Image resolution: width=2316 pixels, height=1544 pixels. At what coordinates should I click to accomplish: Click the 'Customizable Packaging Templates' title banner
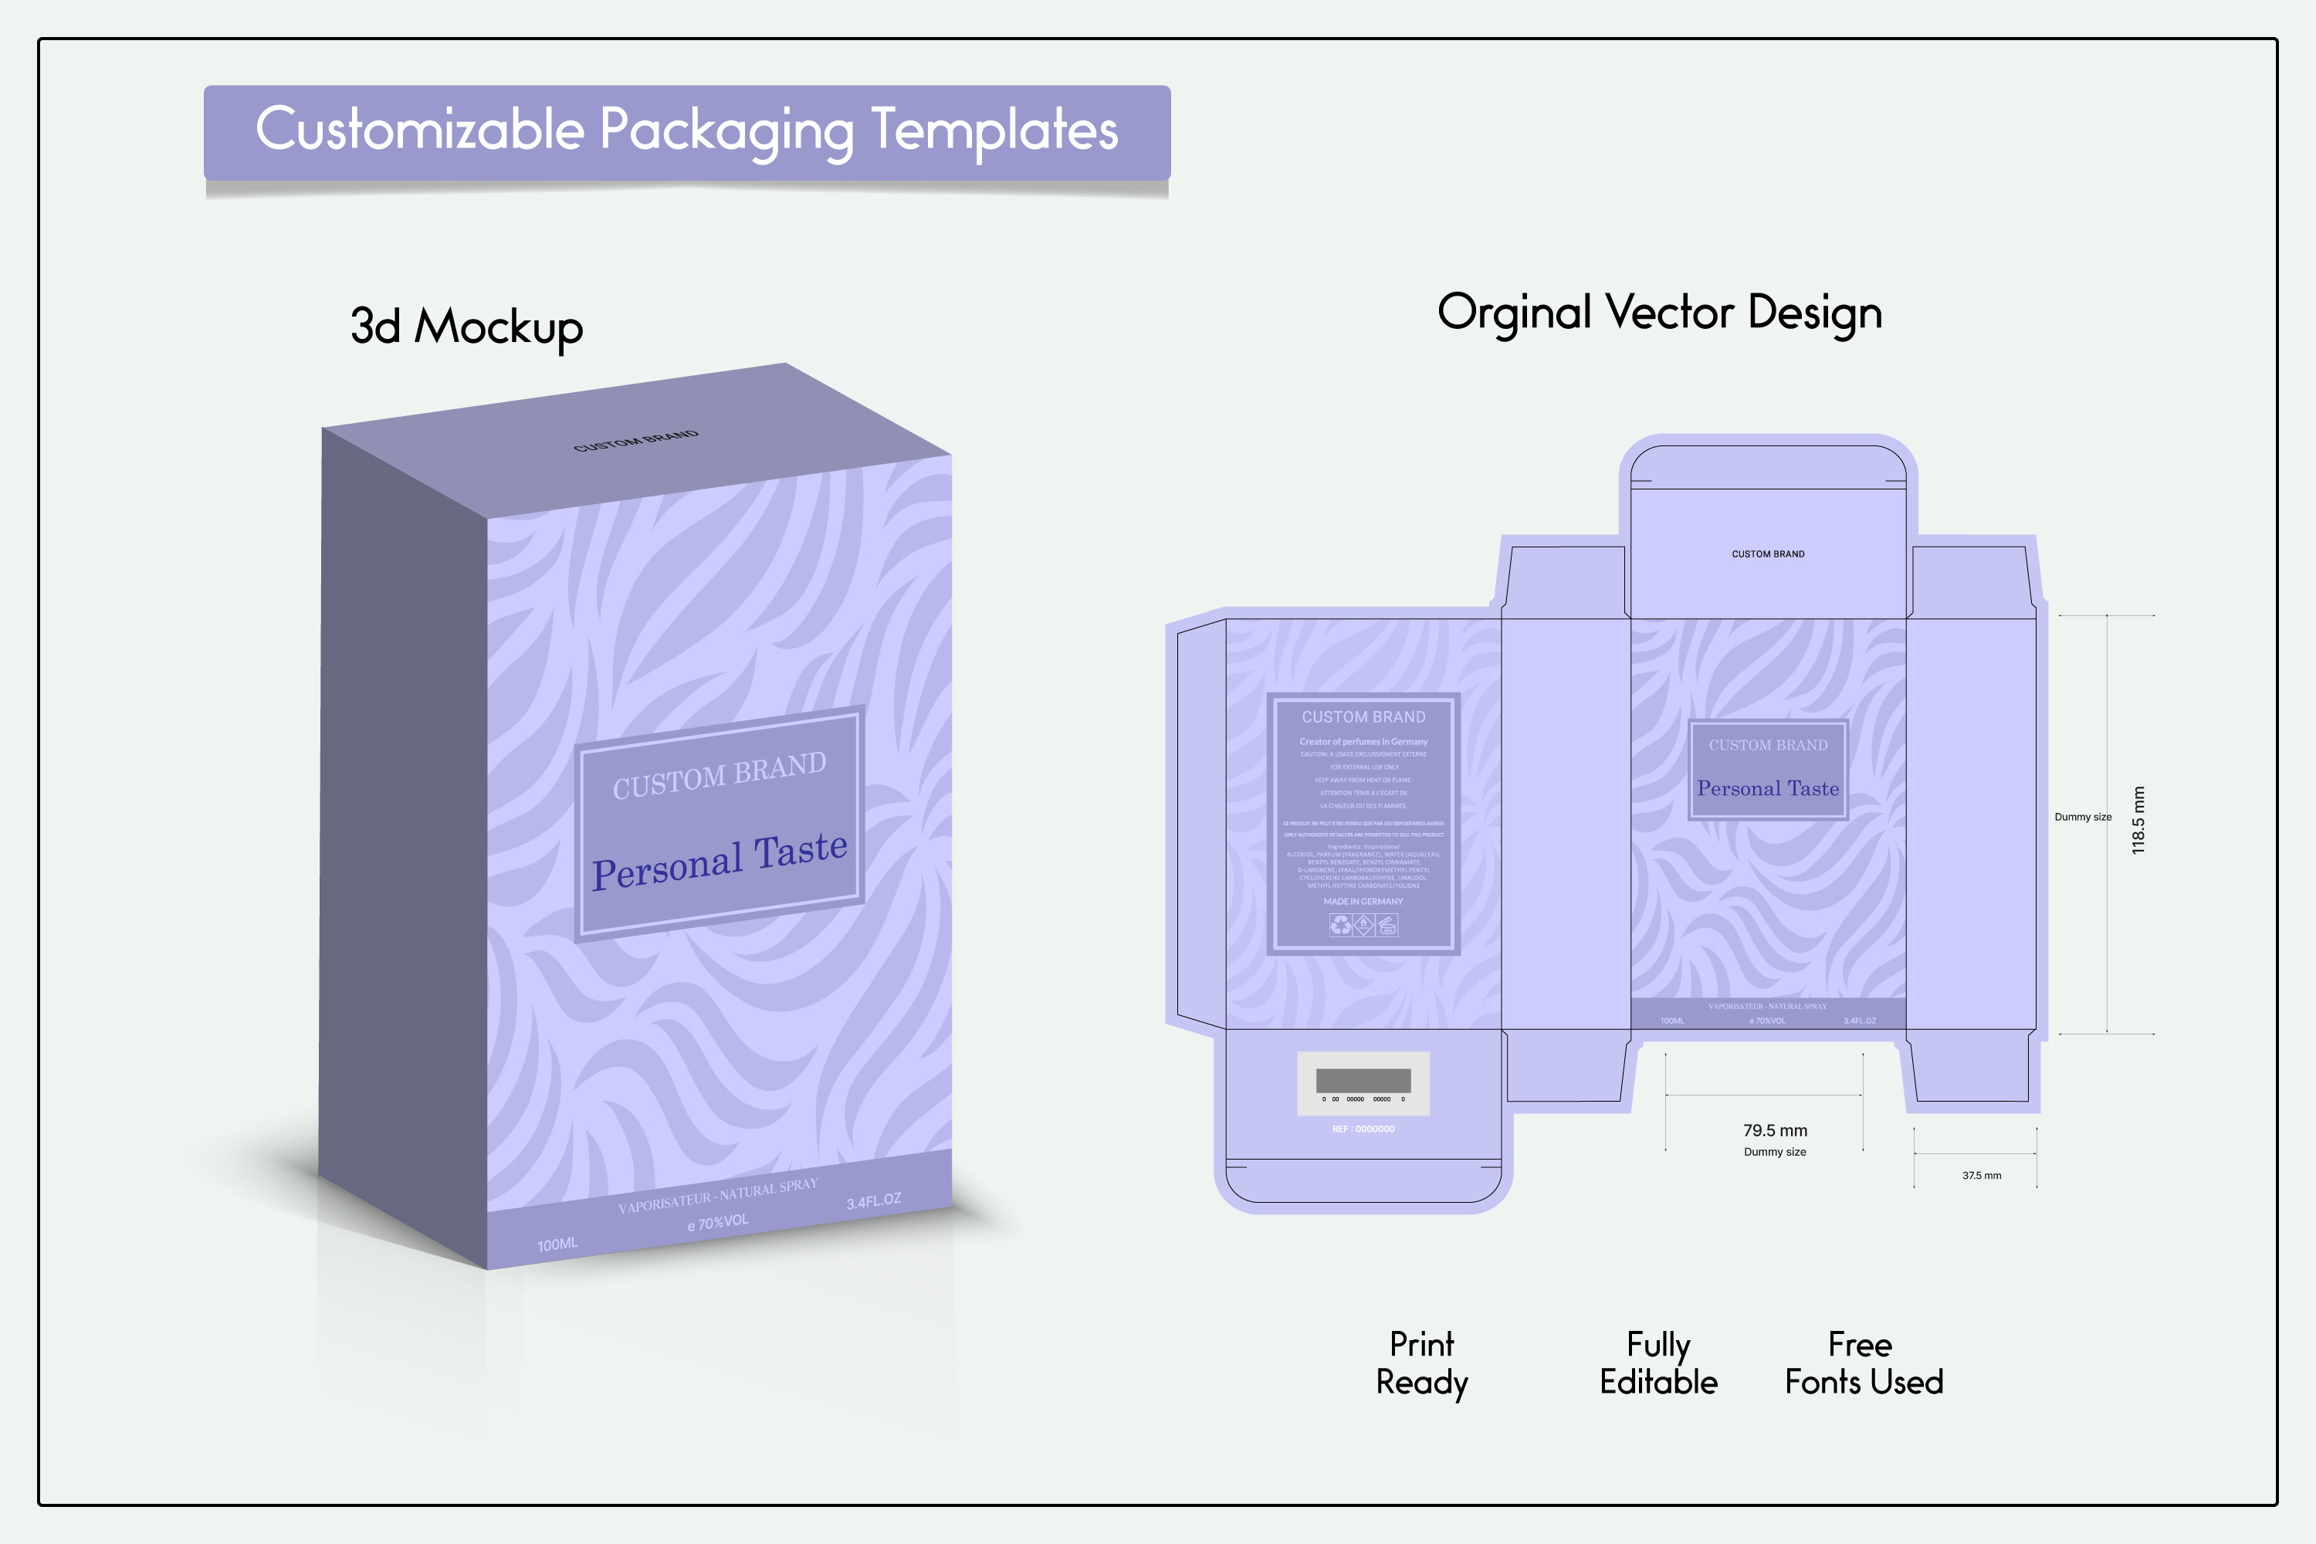point(686,131)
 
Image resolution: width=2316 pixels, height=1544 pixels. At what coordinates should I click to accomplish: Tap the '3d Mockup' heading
point(467,326)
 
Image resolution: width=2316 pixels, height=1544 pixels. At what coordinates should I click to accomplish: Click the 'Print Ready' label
point(1421,1363)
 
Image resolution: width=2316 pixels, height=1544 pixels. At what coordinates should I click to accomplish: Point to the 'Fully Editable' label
point(1658,1363)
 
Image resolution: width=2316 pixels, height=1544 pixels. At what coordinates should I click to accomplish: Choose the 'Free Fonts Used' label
point(1863,1363)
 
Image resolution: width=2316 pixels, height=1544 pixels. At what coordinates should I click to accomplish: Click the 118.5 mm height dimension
point(2138,819)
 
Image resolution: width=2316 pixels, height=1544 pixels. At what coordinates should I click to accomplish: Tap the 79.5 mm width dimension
point(1774,1130)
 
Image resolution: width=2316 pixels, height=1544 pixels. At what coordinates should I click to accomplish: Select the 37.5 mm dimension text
point(1981,1176)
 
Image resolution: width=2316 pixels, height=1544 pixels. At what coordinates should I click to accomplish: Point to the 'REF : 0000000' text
point(1363,1129)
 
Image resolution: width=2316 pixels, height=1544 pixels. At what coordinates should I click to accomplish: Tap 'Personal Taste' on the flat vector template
point(1768,789)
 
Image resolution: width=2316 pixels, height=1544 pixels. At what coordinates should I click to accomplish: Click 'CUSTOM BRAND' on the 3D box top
point(636,440)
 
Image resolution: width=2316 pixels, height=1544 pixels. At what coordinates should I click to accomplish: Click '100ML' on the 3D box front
point(557,1244)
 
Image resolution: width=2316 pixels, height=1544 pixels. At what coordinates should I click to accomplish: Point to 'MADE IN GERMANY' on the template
point(1363,901)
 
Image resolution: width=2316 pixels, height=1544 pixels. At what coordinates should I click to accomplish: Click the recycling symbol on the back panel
point(1340,925)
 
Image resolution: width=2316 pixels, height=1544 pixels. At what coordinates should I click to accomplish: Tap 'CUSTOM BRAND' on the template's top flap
point(1768,554)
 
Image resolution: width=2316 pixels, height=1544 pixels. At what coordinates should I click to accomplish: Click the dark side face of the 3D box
point(404,837)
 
